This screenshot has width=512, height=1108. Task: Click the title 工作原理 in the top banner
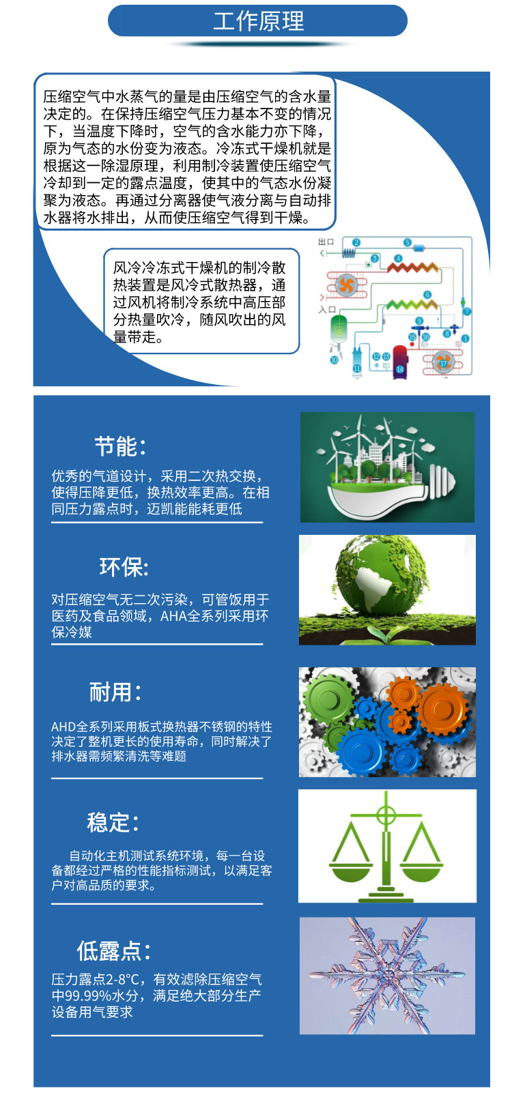259,21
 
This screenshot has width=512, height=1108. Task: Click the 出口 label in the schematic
326,242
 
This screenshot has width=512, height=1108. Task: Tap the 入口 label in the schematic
327,310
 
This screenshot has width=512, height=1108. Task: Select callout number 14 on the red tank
399,369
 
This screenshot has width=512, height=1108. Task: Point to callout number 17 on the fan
443,363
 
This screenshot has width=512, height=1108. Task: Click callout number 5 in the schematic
408,242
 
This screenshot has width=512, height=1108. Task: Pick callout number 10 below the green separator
335,360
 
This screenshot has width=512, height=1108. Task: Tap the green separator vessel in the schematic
339,328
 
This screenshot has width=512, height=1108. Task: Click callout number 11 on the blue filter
357,368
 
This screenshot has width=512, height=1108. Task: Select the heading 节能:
120,447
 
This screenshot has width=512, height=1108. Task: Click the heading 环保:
124,568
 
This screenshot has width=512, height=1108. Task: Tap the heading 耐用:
115,692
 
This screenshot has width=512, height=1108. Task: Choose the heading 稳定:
113,823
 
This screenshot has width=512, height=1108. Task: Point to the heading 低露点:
113,950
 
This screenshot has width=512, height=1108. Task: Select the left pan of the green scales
351,866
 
